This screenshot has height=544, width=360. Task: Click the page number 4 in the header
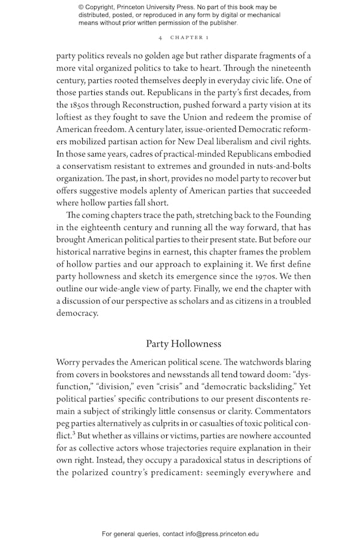[x=161, y=37]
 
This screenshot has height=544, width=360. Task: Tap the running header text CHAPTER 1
[x=189, y=37]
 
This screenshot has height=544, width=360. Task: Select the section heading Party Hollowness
[x=184, y=343]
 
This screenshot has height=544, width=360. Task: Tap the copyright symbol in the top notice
[x=82, y=8]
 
